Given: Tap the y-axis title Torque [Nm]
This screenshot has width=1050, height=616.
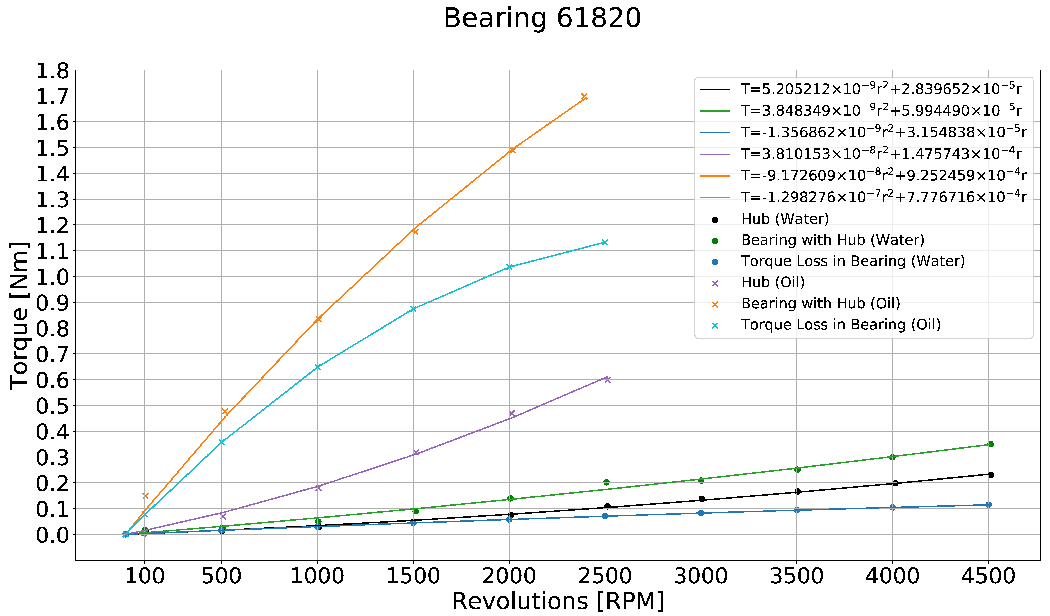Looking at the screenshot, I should [x=19, y=315].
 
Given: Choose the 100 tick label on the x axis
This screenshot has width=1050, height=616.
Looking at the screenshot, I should [x=145, y=576].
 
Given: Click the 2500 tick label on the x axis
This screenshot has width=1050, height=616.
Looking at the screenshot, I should [x=605, y=576].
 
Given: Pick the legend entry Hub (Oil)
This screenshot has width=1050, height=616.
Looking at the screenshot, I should [x=773, y=282].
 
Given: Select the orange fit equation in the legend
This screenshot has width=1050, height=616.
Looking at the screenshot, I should [x=883, y=175].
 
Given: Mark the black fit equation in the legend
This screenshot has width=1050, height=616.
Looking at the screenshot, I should [x=881, y=89].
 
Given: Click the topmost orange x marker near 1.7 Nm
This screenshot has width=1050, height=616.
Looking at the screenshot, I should [x=584, y=96].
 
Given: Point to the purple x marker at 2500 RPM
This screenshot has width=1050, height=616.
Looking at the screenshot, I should [x=608, y=379].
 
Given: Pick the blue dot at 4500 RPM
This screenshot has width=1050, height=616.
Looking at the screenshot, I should [x=988, y=505].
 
